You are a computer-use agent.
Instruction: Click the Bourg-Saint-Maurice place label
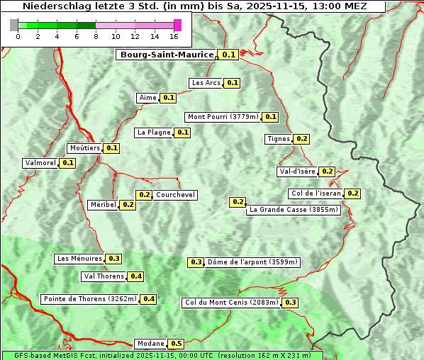point(167,55)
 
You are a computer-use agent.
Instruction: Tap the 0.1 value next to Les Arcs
point(232,83)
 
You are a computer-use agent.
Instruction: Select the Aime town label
point(147,98)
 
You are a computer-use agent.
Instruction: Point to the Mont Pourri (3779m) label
point(223,117)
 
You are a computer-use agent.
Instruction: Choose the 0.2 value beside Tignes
point(301,139)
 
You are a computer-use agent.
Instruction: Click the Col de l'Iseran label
point(316,193)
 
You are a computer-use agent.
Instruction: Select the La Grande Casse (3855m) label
point(294,210)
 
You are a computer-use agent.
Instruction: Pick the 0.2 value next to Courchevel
point(144,195)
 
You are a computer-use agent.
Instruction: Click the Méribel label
point(103,205)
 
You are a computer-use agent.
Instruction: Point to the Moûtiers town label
point(84,148)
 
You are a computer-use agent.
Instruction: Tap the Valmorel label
point(40,163)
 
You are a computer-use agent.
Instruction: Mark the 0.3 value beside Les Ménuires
point(113,259)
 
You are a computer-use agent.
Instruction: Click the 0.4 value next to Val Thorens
point(135,276)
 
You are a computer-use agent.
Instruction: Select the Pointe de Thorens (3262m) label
point(89,299)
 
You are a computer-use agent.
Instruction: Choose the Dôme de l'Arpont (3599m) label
point(252,262)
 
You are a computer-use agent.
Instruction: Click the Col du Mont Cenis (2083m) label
point(231,303)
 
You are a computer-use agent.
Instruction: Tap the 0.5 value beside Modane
point(177,344)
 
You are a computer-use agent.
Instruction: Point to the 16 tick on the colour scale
point(174,36)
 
